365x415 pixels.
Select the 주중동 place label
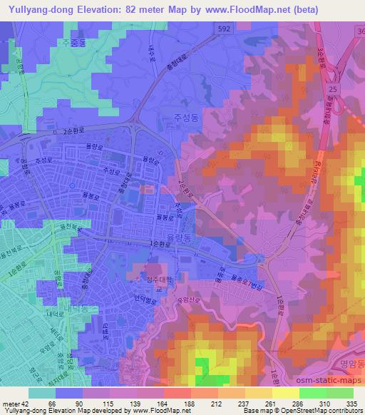tap(75, 42)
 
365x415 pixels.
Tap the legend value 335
tap(351, 403)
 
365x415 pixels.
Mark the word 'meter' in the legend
tap(10, 403)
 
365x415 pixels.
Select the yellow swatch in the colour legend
tap(285, 393)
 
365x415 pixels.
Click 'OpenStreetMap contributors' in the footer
tap(322, 411)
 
